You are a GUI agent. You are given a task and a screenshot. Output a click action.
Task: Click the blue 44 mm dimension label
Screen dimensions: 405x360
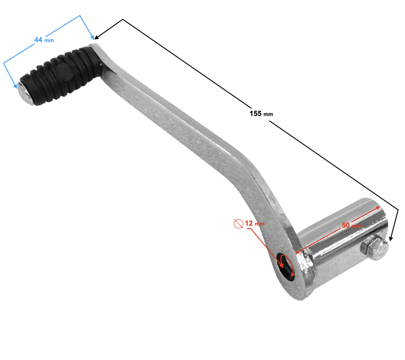coord(44,40)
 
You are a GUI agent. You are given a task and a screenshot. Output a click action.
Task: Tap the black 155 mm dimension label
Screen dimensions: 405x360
coord(261,114)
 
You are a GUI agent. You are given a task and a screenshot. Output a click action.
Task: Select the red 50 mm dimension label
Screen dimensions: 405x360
coord(351,225)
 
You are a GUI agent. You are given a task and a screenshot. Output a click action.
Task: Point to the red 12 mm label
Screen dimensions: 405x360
coord(254,223)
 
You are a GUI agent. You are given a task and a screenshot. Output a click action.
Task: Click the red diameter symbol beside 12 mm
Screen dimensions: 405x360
coord(238,224)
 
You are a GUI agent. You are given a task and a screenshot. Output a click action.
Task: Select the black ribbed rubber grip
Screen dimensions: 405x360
coord(62,75)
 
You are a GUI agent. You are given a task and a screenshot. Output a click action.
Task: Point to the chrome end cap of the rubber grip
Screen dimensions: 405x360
coord(25,94)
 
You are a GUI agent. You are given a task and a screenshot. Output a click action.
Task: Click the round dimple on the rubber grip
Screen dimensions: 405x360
coord(64,72)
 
